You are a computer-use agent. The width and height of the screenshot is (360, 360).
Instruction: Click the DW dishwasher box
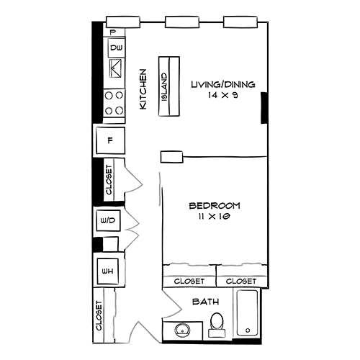coord(115,49)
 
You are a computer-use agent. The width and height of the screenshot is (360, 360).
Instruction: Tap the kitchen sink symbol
coord(115,70)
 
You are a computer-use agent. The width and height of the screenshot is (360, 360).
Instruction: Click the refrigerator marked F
coord(110,141)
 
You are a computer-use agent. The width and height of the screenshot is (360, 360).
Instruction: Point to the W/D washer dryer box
coord(108,220)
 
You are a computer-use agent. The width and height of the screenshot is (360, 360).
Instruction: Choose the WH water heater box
coord(109,271)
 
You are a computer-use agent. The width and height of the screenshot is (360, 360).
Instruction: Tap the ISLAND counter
coord(165,86)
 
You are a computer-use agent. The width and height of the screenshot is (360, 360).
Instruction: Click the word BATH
coord(204,302)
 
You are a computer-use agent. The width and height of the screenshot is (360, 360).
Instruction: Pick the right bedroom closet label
coord(242,281)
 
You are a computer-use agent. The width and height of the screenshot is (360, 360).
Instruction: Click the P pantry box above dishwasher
coord(113,32)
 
